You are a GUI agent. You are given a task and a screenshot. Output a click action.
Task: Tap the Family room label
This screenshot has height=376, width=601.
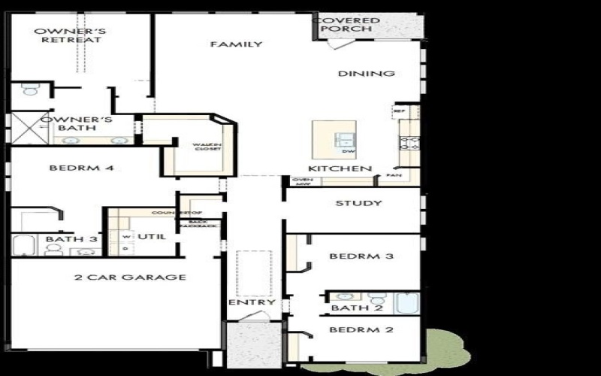click(236, 44)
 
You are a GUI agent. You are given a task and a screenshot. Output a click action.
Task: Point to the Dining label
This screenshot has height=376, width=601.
click(367, 74)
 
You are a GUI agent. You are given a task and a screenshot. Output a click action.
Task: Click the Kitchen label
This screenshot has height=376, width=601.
click(340, 168)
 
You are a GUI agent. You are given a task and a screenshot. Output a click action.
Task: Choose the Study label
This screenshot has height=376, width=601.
click(358, 203)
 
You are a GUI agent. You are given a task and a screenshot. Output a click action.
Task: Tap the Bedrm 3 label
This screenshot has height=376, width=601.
click(362, 256)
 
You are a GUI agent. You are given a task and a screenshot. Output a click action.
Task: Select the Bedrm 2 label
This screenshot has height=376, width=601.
click(362, 329)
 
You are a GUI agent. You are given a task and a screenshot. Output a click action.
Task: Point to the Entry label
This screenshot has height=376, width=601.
click(251, 303)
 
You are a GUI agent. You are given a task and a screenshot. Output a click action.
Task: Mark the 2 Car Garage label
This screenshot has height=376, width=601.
click(130, 277)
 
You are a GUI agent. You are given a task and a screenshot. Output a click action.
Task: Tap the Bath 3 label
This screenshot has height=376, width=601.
click(72, 239)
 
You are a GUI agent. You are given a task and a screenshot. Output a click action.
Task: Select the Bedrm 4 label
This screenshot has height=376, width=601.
click(81, 168)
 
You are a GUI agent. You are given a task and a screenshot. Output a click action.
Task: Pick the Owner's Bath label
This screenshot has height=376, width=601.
click(77, 124)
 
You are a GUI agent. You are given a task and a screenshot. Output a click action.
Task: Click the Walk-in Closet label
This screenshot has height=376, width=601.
click(207, 147)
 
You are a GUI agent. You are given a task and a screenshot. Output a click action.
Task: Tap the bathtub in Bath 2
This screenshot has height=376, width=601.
click(408, 302)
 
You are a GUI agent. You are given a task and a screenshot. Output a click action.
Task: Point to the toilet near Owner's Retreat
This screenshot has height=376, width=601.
click(31, 90)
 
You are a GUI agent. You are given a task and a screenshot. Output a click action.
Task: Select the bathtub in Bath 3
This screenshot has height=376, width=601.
click(23, 245)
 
